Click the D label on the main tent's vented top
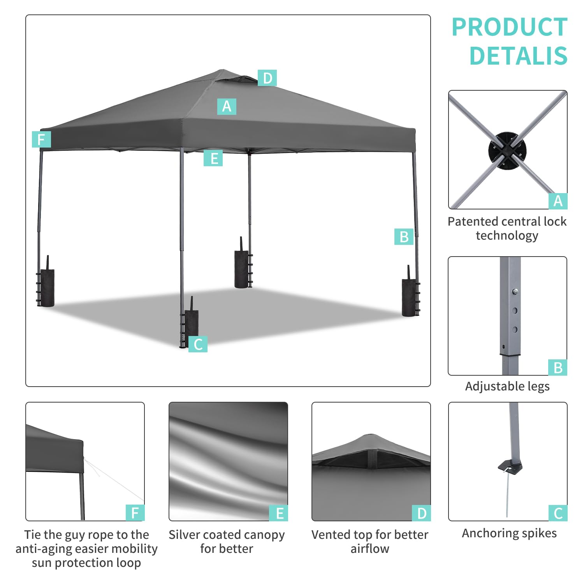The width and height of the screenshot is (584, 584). click(x=267, y=78)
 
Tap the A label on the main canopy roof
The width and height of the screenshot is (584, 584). click(x=227, y=106)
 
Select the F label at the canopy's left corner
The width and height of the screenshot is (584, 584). click(x=41, y=139)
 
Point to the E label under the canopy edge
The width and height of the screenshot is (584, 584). click(x=213, y=158)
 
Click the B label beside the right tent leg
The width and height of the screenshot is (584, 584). click(x=404, y=237)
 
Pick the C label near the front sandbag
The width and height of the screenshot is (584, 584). click(x=198, y=344)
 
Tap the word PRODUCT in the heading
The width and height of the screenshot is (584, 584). click(x=510, y=27)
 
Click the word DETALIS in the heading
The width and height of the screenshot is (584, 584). click(x=519, y=56)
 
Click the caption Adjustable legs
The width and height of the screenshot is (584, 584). click(x=507, y=387)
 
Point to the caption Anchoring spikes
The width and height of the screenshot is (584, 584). click(x=509, y=533)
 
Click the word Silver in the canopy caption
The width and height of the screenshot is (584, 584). click(x=184, y=535)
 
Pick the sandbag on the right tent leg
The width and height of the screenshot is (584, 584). click(x=409, y=296)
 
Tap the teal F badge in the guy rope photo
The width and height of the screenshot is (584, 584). click(x=135, y=513)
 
